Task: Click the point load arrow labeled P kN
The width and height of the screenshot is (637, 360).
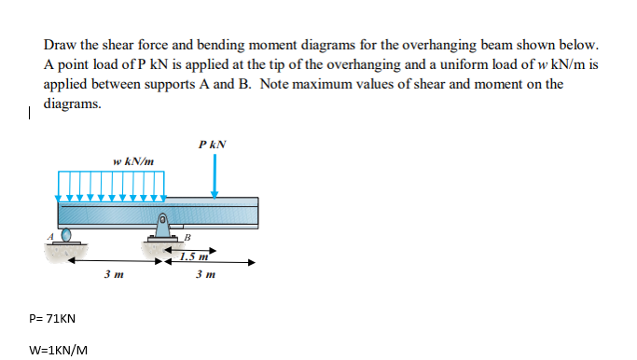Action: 215,175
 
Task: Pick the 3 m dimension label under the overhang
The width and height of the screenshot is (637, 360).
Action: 207,275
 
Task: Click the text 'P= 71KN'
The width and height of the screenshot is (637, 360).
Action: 53,319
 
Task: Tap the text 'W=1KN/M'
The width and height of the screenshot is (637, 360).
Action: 59,351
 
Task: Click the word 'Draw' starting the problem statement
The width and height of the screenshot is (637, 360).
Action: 60,44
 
